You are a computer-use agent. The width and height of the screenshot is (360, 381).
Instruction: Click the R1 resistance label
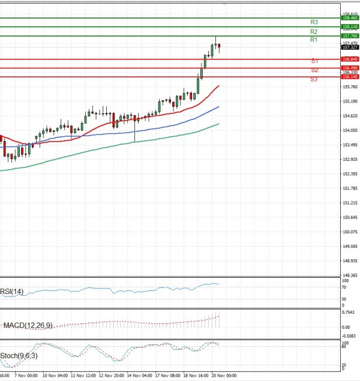[314, 40]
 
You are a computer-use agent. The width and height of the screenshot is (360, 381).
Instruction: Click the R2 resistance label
[314, 31]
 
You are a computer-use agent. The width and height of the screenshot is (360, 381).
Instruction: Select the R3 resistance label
[314, 22]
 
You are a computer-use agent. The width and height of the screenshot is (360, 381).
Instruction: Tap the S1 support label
[314, 61]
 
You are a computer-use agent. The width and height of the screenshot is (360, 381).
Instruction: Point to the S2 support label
[314, 70]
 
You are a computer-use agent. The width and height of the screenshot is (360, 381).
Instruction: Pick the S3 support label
[314, 79]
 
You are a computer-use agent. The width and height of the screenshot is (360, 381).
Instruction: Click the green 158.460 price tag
[350, 19]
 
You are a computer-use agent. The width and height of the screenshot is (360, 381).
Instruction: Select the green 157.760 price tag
[350, 36]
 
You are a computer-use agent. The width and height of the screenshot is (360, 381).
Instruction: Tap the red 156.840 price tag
[350, 59]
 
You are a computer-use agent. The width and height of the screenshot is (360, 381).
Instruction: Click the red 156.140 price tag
[350, 77]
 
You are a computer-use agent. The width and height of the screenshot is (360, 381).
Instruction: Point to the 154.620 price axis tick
[350, 116]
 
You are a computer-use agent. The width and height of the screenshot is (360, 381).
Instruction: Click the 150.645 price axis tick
[350, 217]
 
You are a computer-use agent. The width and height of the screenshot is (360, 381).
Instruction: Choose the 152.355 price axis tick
[350, 174]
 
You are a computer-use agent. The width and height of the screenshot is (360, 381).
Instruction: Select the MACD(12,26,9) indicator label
[28, 325]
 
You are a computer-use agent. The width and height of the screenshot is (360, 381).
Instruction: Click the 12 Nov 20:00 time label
[112, 375]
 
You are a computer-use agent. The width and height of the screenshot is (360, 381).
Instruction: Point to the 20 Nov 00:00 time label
[223, 375]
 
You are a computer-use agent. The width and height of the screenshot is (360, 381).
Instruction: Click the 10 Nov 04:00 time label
[58, 375]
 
